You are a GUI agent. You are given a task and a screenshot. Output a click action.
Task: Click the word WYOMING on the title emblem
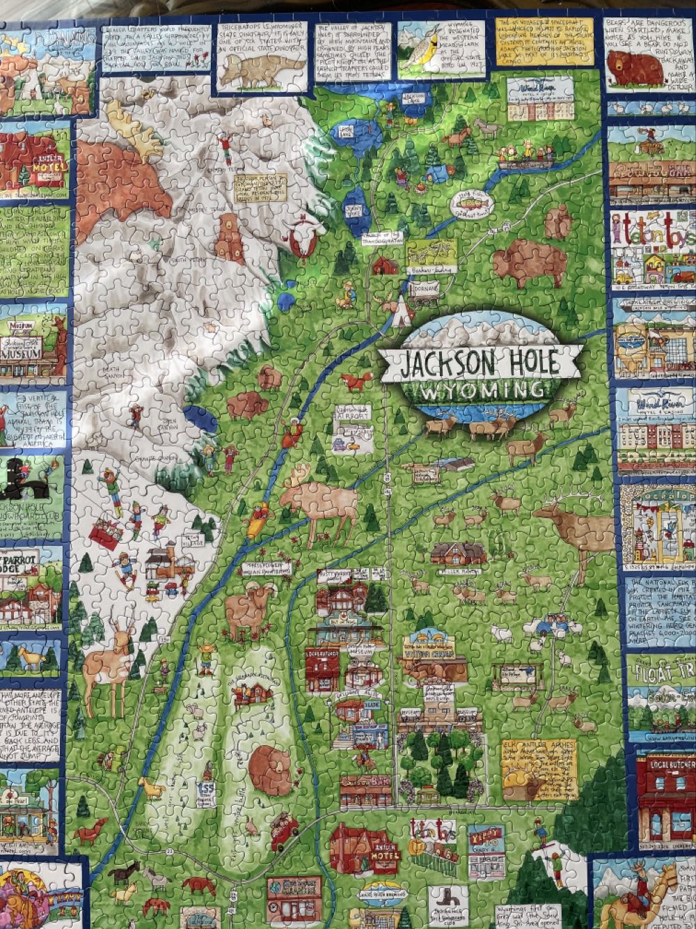tap(480, 391)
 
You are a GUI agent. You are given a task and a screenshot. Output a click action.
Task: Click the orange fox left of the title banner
tap(358, 381)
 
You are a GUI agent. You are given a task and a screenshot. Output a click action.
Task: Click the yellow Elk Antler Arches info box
tap(539, 769)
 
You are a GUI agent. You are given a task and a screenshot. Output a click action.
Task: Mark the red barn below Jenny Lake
tap(386, 265)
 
